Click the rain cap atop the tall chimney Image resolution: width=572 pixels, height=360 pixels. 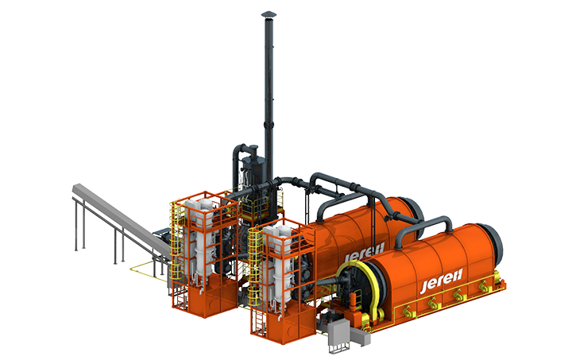(x=269, y=14)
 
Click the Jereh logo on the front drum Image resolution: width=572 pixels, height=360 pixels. (x=442, y=281)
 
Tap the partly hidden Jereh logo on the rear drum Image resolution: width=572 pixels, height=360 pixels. (x=365, y=253)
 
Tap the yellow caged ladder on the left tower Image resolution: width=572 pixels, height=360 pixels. (x=176, y=248)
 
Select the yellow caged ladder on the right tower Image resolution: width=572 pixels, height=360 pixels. (x=255, y=277)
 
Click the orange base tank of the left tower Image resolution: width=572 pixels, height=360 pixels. (x=214, y=296)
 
